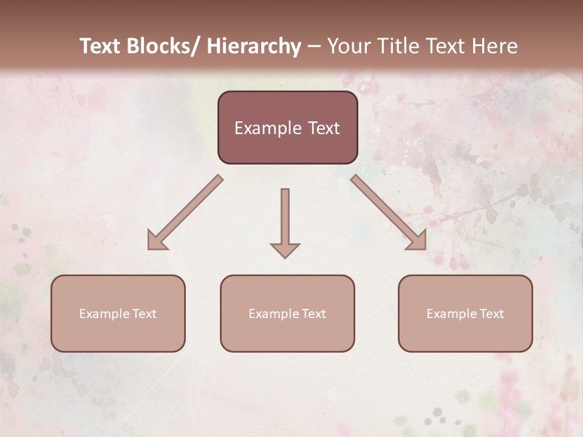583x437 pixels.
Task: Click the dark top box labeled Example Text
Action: click(287, 127)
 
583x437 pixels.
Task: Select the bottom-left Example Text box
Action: click(118, 313)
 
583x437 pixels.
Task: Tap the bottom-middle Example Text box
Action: click(287, 313)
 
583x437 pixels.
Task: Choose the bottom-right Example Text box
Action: click(465, 313)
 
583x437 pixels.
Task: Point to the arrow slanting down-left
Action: click(185, 212)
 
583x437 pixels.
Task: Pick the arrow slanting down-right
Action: click(389, 212)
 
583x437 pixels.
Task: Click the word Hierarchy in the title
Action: click(254, 46)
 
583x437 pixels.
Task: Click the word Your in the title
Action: click(349, 46)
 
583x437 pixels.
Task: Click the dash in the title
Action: click(314, 46)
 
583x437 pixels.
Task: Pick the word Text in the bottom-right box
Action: click(491, 314)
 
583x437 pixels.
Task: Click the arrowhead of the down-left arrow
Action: click(156, 241)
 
